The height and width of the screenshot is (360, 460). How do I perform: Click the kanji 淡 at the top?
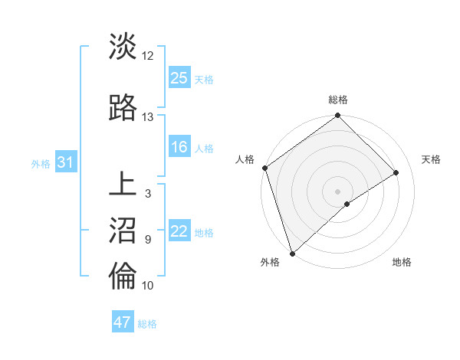(123, 46)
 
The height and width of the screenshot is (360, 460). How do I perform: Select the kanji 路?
(123, 108)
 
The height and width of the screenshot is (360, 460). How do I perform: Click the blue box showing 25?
(179, 77)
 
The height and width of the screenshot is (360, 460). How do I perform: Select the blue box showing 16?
(179, 147)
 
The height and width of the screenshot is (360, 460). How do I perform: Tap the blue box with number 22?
(179, 231)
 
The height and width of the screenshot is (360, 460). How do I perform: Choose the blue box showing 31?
(66, 162)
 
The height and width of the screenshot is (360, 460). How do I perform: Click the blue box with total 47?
(123, 322)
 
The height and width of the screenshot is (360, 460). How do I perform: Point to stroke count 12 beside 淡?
(148, 56)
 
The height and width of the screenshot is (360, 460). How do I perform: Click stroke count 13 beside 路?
(148, 117)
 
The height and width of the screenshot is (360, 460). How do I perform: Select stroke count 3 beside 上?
(148, 194)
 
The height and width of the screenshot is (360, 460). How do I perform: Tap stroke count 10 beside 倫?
(148, 286)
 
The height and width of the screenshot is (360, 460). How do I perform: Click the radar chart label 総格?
(338, 100)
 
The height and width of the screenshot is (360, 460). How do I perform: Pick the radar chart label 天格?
(431, 159)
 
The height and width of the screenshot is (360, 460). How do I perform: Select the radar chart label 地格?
(402, 263)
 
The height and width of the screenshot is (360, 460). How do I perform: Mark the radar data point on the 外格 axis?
(291, 252)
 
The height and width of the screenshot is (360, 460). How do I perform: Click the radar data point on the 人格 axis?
(264, 168)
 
